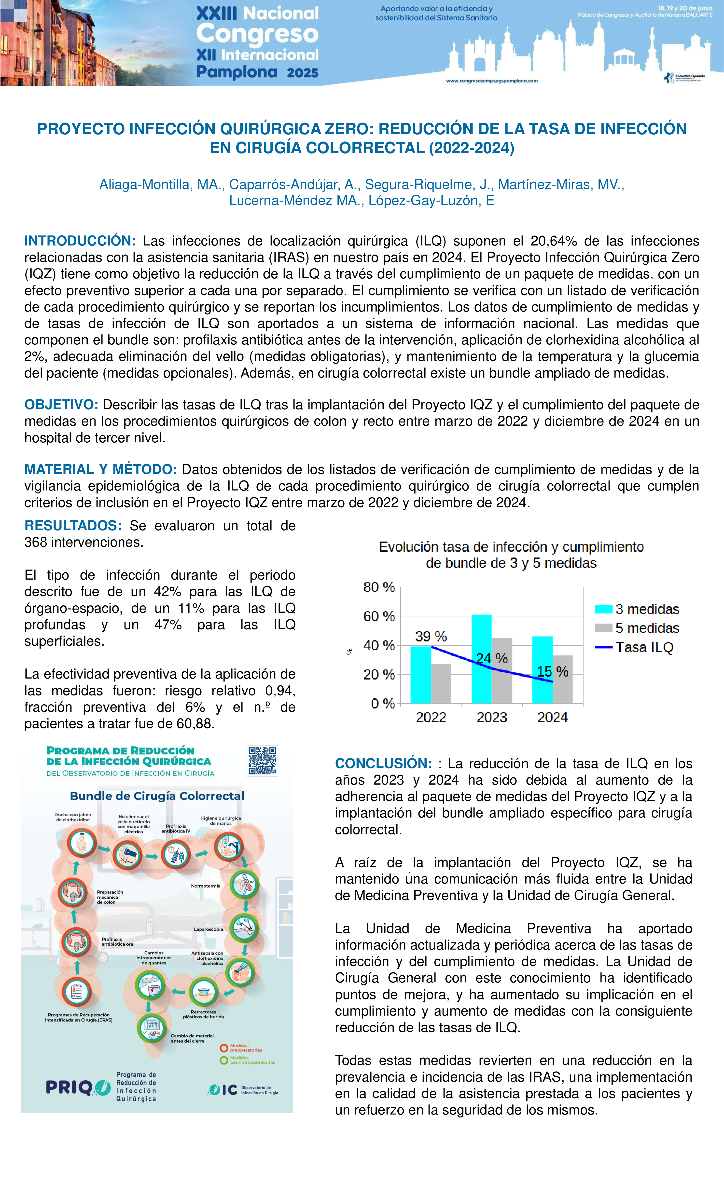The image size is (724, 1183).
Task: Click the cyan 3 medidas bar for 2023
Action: point(481,659)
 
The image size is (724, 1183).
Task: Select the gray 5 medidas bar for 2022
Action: point(441,684)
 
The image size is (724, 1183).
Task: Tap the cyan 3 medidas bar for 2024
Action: point(543,670)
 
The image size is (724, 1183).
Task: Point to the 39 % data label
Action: point(431,637)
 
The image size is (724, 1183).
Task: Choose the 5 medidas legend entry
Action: point(647,628)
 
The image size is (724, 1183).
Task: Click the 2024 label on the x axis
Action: point(553,717)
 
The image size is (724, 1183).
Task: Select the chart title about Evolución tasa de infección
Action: point(511,555)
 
